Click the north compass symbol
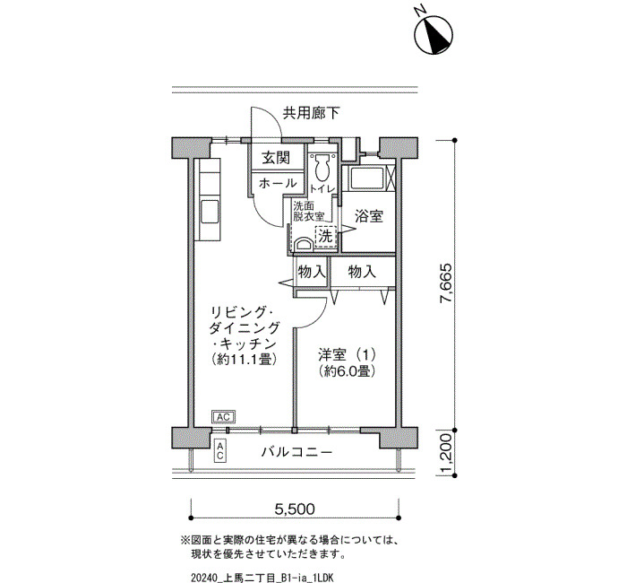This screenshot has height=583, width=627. (434, 34)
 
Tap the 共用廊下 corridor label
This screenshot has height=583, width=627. (311, 113)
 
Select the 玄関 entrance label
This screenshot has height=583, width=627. (276, 158)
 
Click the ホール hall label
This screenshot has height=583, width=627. (278, 183)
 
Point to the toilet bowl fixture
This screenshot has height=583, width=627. (322, 168)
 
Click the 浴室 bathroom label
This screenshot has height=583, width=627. (369, 217)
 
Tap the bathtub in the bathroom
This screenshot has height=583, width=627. (367, 179)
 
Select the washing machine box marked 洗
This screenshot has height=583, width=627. (325, 236)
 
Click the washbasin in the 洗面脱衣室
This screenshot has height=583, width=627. (304, 244)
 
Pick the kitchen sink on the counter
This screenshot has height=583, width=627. (210, 213)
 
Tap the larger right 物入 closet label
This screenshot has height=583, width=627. (362, 272)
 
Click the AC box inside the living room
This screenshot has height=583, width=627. (224, 417)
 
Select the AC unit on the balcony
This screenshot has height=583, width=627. (220, 452)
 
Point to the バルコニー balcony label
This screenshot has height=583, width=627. (296, 452)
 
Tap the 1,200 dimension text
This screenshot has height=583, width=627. (446, 453)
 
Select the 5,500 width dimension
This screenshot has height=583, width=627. (295, 509)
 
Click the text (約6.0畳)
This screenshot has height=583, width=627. (348, 372)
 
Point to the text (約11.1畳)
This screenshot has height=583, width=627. (244, 359)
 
